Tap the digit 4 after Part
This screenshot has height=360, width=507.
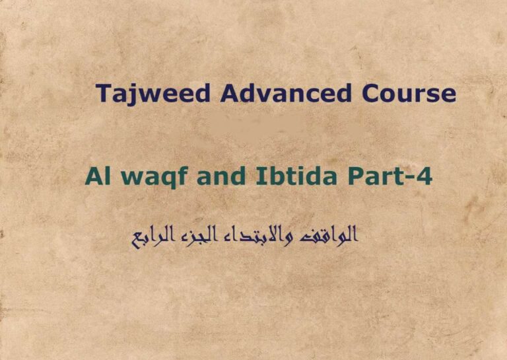coord(423,178)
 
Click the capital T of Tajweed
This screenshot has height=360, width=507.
coord(102,93)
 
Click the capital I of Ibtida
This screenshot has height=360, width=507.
coord(249,178)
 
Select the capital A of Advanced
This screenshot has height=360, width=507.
coord(229,93)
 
